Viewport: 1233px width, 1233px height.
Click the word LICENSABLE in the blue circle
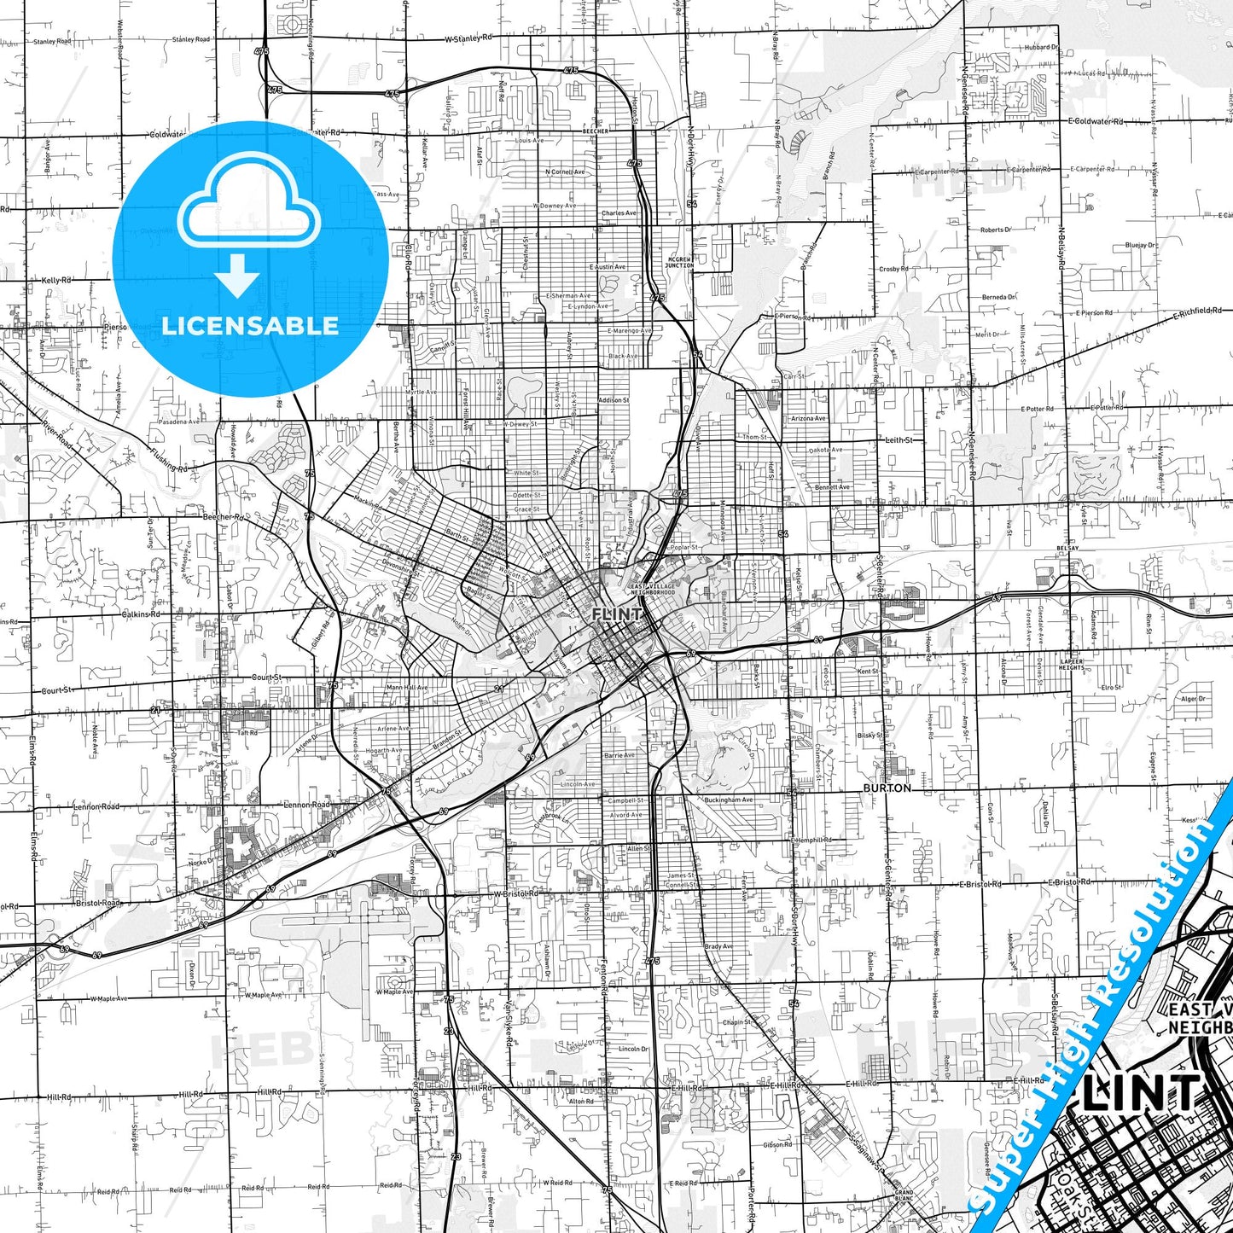tap(249, 325)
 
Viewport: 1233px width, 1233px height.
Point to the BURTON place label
tap(887, 788)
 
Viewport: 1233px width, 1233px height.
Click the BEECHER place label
tap(595, 131)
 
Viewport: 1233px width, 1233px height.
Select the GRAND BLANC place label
tap(904, 1195)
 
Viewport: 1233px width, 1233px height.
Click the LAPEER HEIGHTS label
tap(1072, 664)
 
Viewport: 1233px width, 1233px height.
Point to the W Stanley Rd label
tap(468, 38)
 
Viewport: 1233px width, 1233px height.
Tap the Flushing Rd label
tap(168, 461)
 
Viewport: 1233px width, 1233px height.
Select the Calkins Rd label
tap(141, 614)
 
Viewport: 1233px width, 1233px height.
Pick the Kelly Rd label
tap(56, 280)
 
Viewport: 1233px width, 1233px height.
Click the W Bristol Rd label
tap(515, 893)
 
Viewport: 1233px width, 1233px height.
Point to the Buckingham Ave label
tap(729, 800)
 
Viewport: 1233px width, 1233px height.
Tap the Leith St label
tap(899, 440)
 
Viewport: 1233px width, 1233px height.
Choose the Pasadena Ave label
tap(177, 422)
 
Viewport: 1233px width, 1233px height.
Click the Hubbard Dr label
tap(1041, 48)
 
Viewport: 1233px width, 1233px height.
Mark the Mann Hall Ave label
tap(406, 687)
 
